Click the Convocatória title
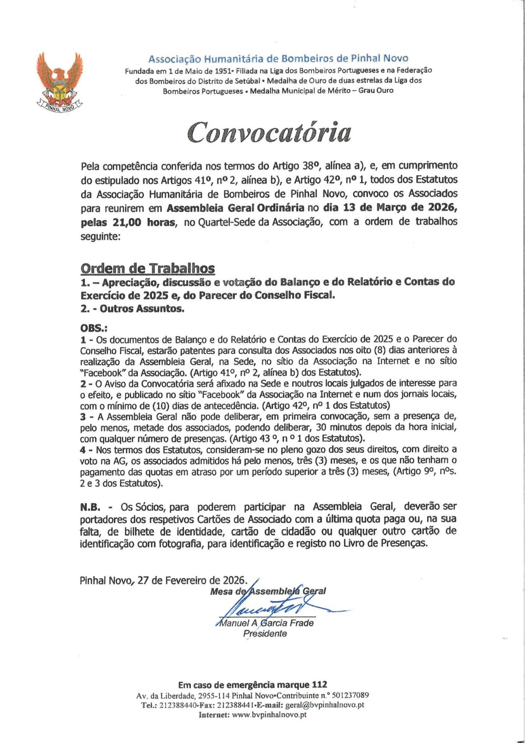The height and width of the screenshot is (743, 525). [x=269, y=132]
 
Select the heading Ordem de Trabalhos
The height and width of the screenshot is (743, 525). [x=147, y=268]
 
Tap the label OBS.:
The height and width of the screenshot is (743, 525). [x=94, y=328]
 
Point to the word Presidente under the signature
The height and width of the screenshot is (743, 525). [x=265, y=634]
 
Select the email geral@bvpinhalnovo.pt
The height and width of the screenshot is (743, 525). [x=325, y=705]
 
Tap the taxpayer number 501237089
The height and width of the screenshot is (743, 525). [x=350, y=695]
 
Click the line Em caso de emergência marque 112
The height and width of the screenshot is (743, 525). [x=252, y=685]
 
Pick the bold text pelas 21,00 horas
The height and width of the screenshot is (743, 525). [x=128, y=222]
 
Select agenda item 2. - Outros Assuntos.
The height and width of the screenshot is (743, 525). [x=132, y=309]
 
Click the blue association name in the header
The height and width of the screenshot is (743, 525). [x=278, y=59]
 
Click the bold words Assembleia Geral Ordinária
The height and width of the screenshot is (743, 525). [x=235, y=208]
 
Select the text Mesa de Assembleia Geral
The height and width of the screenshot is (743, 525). [x=268, y=592]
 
